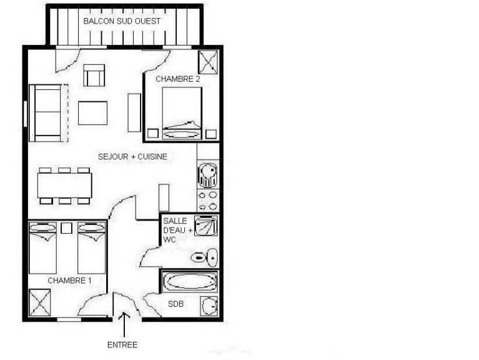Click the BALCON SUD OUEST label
coord(122,21)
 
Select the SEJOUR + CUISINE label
coord(132,156)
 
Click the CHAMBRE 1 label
coord(69,281)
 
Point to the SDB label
coord(176,304)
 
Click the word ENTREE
coord(122,344)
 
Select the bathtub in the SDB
coord(190,282)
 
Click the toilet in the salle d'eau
coord(204,257)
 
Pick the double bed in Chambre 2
coord(182,112)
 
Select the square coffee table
coord(92,113)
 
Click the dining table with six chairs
coord(64,185)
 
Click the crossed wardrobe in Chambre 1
coord(41,303)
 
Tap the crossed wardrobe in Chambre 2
coord(207,62)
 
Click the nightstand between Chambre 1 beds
coord(67,227)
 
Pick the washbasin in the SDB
coord(209,306)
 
